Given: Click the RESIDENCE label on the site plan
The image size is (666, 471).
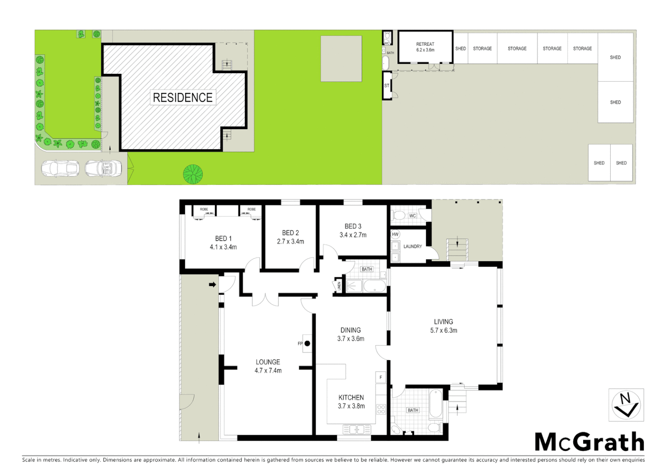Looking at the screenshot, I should click(183, 97).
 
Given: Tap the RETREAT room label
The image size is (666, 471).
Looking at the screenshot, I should click(425, 44).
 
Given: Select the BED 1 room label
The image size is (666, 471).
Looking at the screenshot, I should click(223, 239).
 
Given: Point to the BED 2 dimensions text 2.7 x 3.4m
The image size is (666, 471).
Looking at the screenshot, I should click(290, 241).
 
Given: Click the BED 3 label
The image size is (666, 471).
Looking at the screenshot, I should click(353, 226).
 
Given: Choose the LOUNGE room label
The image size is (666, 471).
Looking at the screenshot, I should click(268, 362).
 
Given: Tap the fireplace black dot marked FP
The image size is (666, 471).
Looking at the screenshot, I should click(307, 344).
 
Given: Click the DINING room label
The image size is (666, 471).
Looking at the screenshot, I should click(350, 330).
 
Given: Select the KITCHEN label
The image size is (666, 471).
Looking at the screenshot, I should click(351, 397).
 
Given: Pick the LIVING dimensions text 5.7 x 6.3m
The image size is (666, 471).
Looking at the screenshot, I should click(443, 330).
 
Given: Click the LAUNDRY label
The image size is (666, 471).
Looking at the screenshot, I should click(412, 246).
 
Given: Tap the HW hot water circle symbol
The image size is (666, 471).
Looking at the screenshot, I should click(395, 234).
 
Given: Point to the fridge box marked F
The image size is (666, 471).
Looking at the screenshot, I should click(381, 377).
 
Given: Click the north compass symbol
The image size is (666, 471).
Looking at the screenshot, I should click(626, 405).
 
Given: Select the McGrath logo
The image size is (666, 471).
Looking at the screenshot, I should click(589, 442).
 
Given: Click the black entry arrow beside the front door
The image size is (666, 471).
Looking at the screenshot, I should click(212, 285).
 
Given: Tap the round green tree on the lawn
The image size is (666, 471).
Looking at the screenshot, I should click(193, 174).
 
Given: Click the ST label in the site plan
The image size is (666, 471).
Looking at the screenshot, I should click(387, 86).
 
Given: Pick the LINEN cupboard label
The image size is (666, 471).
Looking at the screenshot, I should click(339, 286).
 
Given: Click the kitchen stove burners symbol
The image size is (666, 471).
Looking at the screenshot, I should click(381, 409).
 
